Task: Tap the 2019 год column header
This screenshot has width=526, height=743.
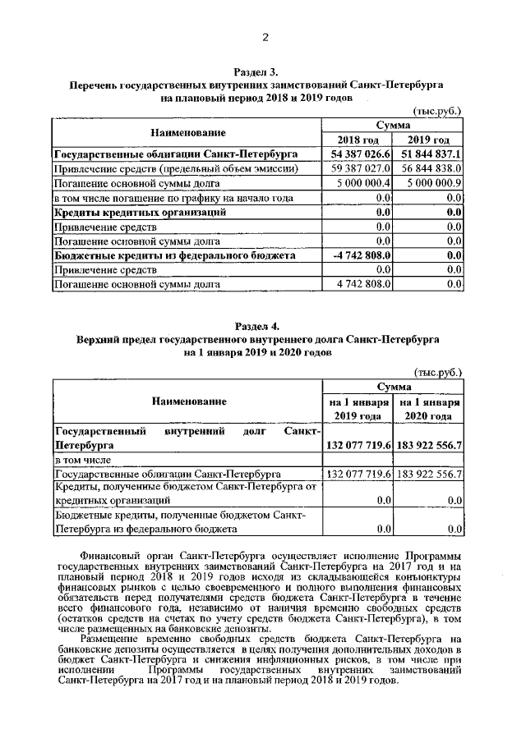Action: [x=428, y=139]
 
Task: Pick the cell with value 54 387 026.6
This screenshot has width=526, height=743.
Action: [x=360, y=154]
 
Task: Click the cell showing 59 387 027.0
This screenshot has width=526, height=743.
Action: [x=360, y=168]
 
